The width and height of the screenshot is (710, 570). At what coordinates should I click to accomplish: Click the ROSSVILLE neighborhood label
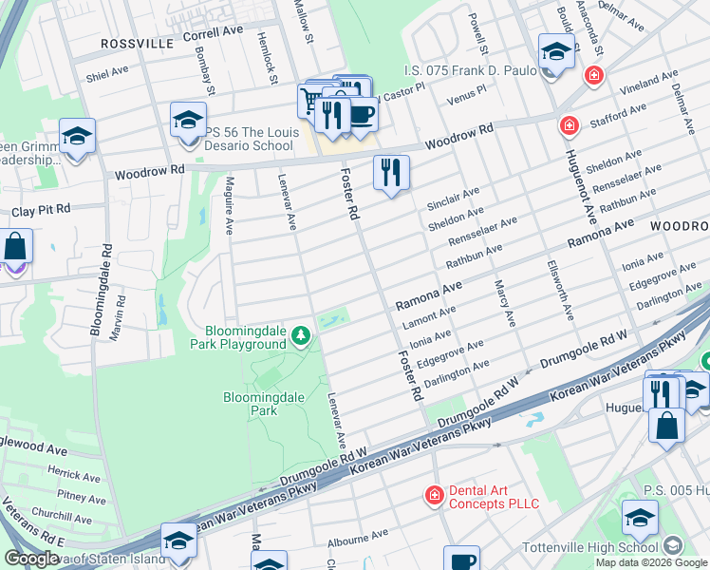click(138, 44)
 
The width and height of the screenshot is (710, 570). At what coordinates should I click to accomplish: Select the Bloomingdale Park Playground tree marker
click(301, 335)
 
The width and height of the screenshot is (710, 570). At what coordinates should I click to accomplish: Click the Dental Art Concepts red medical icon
click(433, 495)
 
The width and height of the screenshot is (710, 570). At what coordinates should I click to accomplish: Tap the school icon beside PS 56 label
click(189, 121)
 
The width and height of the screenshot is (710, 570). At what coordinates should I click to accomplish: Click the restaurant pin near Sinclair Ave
click(391, 173)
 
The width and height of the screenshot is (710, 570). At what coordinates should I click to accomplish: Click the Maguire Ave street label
click(228, 210)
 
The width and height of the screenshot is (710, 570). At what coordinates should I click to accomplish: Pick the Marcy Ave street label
click(504, 303)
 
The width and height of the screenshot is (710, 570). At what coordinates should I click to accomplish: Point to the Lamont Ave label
click(429, 316)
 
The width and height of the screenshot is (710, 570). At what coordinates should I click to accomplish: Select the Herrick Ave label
click(79, 476)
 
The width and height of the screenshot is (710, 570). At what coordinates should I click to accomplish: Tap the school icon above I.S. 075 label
click(555, 50)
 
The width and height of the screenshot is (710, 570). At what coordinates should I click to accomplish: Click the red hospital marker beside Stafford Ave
click(569, 124)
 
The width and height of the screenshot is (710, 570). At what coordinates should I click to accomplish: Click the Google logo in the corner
click(31, 558)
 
